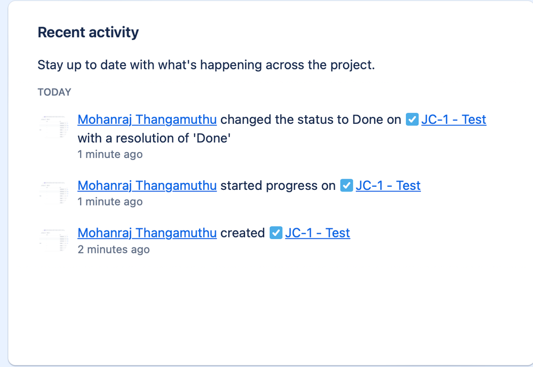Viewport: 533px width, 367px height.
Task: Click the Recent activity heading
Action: point(88,33)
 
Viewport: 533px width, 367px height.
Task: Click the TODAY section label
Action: point(54,92)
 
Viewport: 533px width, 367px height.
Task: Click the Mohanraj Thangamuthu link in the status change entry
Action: point(147,119)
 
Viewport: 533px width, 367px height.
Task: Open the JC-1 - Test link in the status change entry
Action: point(454,119)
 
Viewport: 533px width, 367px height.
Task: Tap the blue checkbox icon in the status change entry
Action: point(412,119)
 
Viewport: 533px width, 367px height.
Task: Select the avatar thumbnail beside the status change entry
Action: point(54,127)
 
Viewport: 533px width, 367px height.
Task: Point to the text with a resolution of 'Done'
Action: point(154,138)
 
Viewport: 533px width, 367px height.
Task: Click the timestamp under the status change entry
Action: point(110,154)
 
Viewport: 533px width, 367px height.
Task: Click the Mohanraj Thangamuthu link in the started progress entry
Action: point(147,186)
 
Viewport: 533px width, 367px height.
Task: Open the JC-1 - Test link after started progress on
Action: point(388,186)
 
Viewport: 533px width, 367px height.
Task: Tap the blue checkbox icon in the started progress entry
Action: point(346,186)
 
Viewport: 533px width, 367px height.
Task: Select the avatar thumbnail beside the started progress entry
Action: point(54,193)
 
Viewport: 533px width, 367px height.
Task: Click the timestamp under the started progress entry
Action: point(110,202)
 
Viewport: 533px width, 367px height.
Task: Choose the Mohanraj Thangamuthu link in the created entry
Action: point(147,233)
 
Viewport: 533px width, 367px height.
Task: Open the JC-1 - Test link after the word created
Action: point(317,233)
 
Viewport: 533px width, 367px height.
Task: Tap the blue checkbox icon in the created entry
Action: point(276,233)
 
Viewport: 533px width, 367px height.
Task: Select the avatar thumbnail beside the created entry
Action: point(54,240)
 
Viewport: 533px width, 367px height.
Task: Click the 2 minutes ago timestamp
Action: point(114,249)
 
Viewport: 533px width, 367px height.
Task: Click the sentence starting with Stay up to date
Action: point(206,65)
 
